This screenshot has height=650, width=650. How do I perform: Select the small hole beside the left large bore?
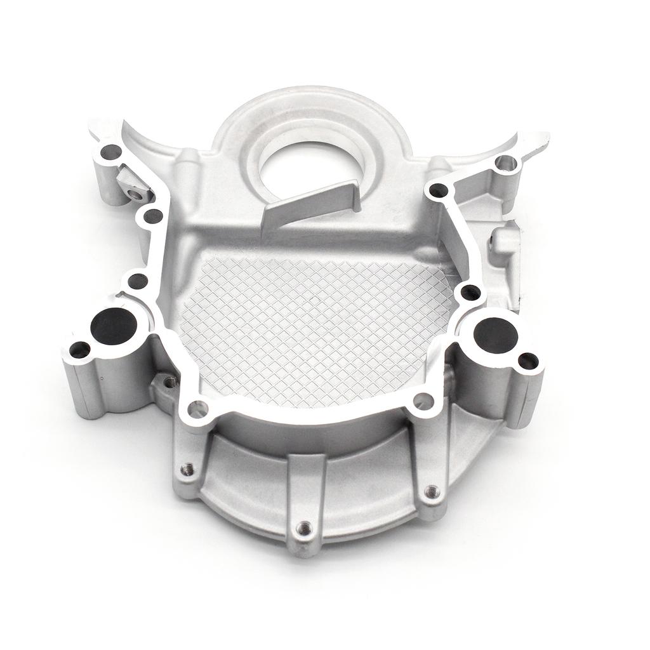pos(80,349)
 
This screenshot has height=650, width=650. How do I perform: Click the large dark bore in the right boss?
pos(496,335)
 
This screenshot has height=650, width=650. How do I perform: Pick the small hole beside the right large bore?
pos(528,361)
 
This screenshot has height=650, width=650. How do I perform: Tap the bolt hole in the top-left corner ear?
pos(112,152)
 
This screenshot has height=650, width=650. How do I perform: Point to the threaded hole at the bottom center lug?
pos(305,527)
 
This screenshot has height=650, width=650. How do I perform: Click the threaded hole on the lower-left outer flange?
pos(187,469)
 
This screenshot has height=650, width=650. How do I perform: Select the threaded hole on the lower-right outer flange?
pos(432,491)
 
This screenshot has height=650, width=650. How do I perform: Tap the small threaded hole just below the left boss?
pos(170,381)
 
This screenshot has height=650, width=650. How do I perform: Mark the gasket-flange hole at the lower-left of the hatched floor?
pos(198,408)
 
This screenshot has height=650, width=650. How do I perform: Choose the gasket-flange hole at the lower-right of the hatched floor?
pos(423,401)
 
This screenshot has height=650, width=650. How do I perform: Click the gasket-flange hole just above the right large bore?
pos(470,293)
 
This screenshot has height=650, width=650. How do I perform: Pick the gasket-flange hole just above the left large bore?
pos(137,281)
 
